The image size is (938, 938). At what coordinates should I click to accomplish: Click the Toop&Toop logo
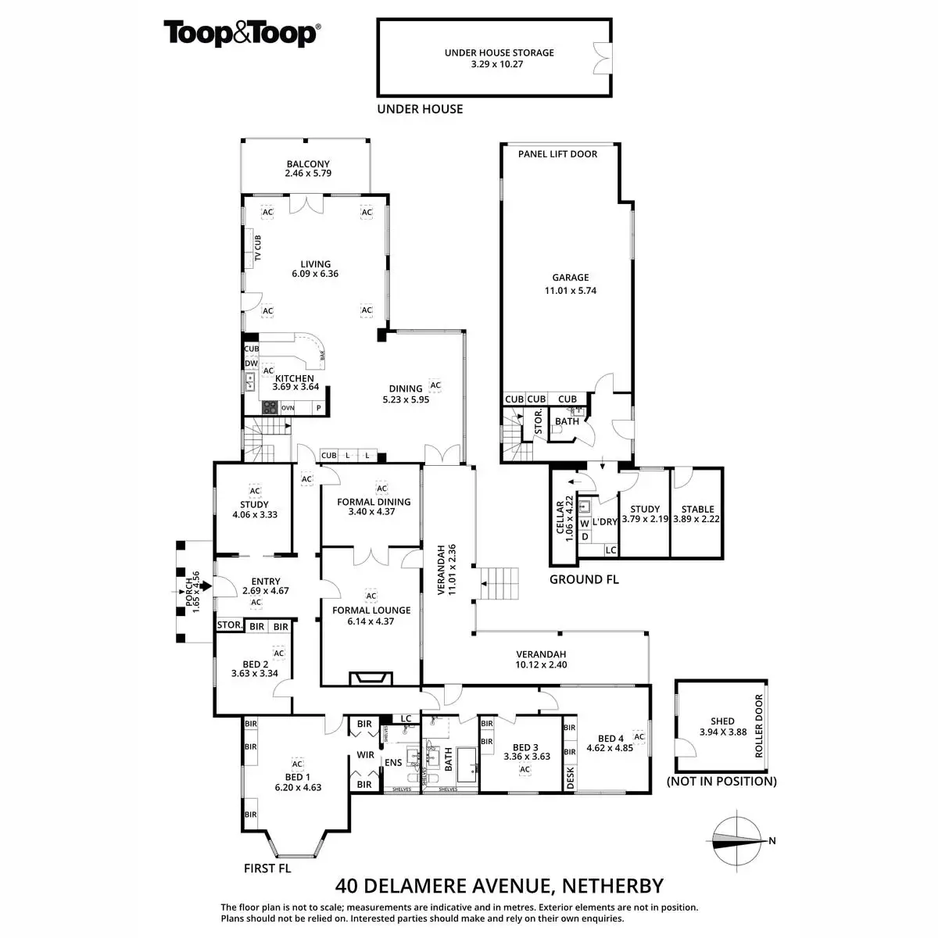tap(242, 34)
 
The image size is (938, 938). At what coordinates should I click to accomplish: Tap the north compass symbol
tap(738, 841)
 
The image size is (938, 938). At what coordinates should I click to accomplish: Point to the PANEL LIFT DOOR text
tap(557, 154)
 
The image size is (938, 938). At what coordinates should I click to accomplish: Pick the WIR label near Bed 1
tap(365, 755)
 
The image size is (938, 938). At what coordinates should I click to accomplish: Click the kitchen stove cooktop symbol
tap(270, 407)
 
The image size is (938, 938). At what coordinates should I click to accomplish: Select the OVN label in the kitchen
tap(288, 408)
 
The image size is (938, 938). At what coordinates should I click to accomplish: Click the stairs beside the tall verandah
tap(499, 584)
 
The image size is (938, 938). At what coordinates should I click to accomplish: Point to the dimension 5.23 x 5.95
tap(406, 399)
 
